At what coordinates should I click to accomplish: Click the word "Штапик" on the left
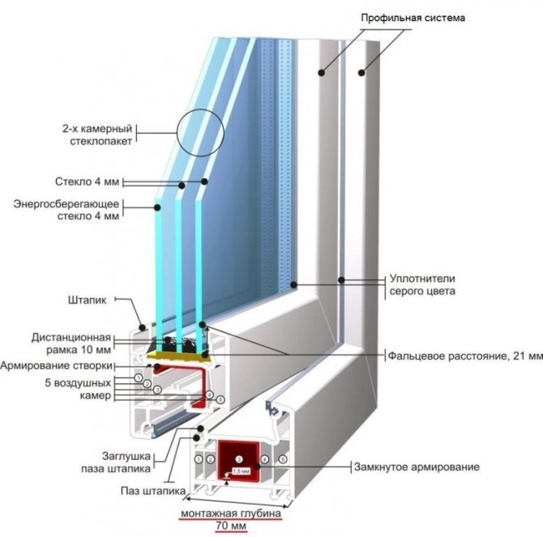coord(88,299)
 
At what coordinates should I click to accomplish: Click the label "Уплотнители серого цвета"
coord(421,284)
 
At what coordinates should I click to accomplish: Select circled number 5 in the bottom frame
coord(283,459)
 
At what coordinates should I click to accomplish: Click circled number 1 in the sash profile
coord(139,377)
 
